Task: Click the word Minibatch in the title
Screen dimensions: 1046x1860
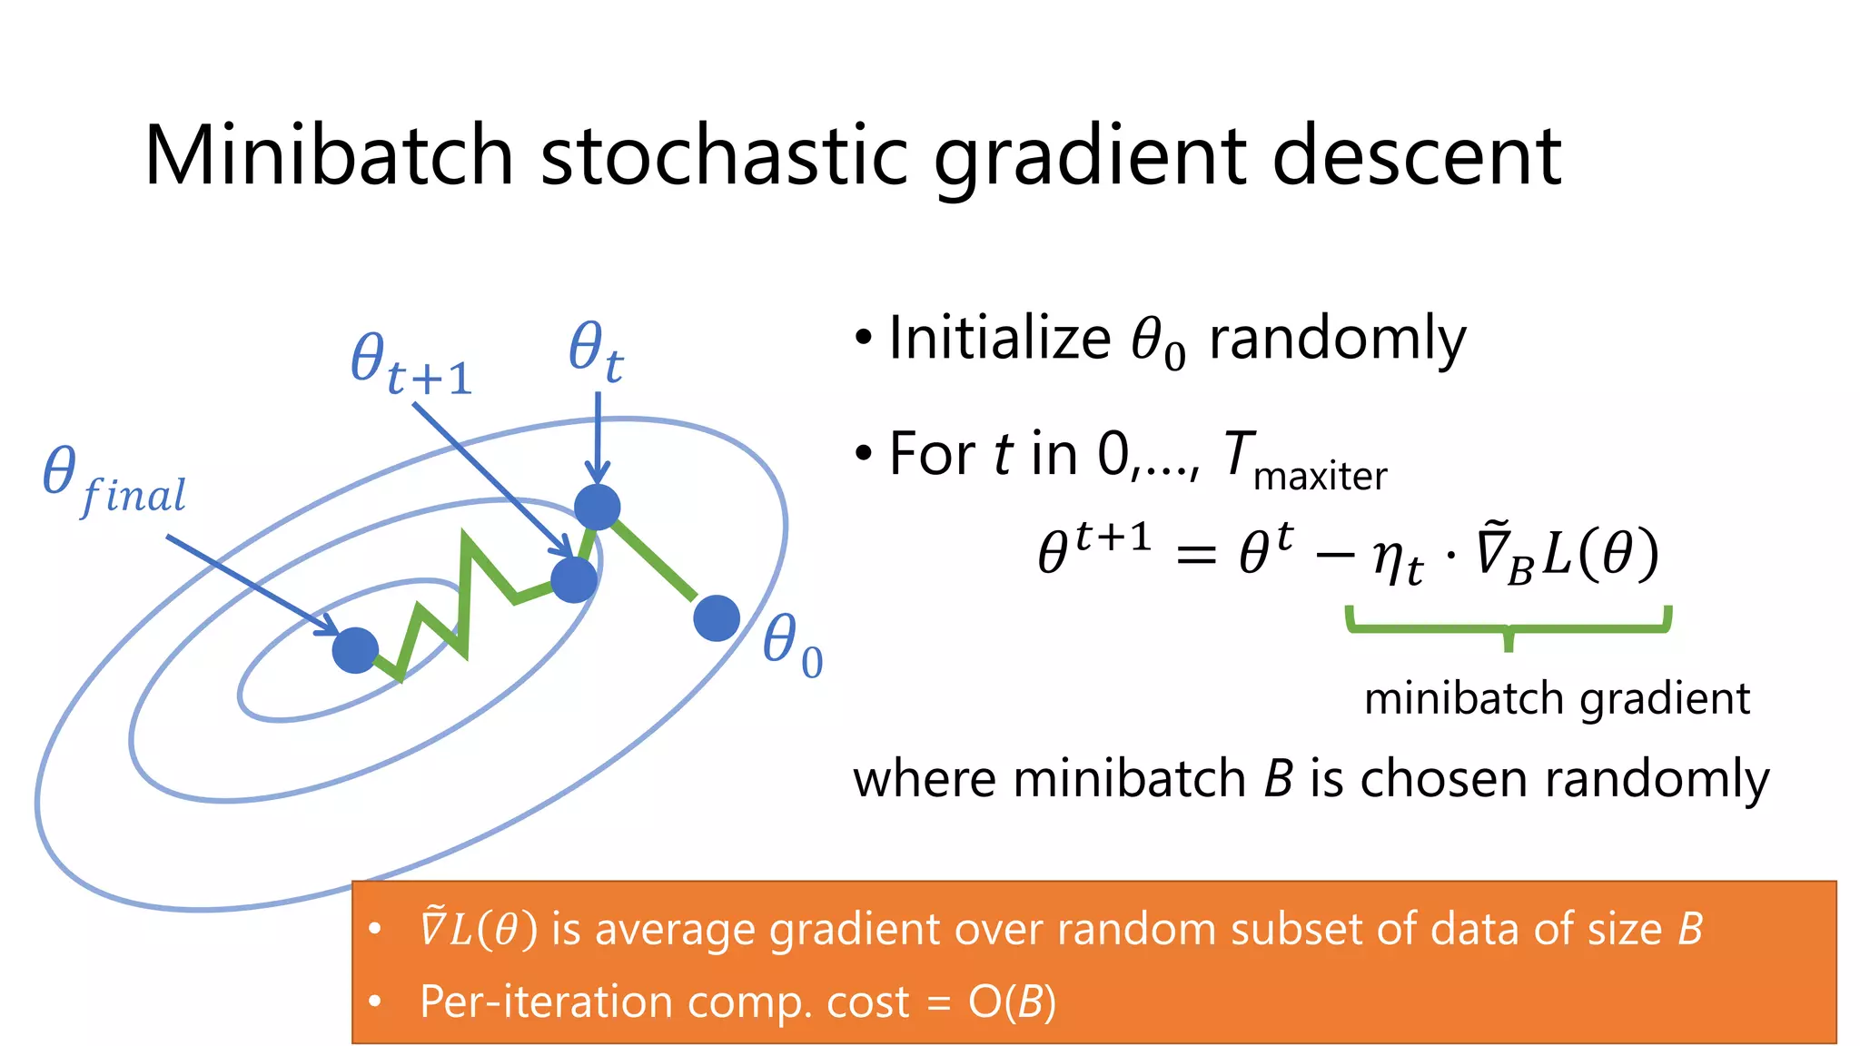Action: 329,156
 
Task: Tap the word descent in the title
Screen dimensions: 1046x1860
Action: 1416,156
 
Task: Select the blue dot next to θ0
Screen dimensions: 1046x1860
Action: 717,618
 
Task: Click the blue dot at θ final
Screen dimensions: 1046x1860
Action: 355,650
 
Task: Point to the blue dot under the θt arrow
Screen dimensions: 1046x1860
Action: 598,507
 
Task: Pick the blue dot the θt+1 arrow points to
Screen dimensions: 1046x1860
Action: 574,579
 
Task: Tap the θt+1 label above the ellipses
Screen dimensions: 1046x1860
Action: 411,364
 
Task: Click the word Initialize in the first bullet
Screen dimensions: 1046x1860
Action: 999,339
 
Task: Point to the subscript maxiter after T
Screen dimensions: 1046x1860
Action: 1320,477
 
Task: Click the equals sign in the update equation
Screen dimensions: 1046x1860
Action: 1195,555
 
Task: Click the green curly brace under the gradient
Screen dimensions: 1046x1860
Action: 1509,627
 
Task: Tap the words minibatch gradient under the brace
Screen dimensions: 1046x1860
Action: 1557,699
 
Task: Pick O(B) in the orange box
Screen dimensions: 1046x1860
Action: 1012,1002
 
